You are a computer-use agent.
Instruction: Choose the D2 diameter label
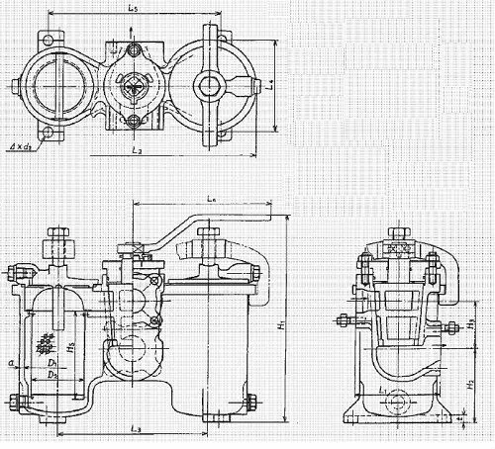(57, 378)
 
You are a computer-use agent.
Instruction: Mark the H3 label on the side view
(473, 323)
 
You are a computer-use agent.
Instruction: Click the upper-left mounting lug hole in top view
(45, 41)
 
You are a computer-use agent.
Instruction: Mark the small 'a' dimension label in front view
(11, 364)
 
